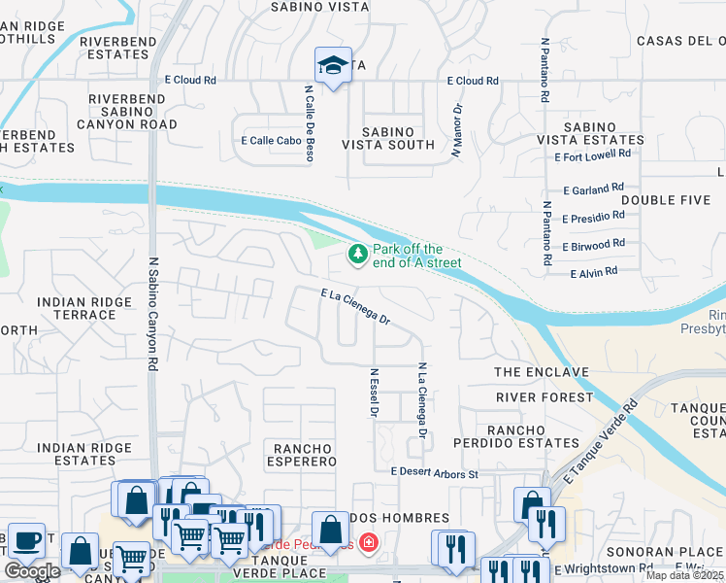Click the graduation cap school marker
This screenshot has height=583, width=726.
333,66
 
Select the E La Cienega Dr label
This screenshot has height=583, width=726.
355,306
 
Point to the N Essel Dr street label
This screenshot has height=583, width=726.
373,393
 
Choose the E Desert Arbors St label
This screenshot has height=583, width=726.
435,473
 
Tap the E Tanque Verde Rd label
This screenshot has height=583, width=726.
593,437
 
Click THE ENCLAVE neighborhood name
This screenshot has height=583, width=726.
542,372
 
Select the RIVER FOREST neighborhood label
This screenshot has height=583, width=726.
544,397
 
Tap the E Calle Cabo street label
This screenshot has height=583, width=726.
271,140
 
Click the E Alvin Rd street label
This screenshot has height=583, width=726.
594,273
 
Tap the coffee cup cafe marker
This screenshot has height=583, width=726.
26,539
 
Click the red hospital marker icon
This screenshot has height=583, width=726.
369,542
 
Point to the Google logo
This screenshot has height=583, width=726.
32,571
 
